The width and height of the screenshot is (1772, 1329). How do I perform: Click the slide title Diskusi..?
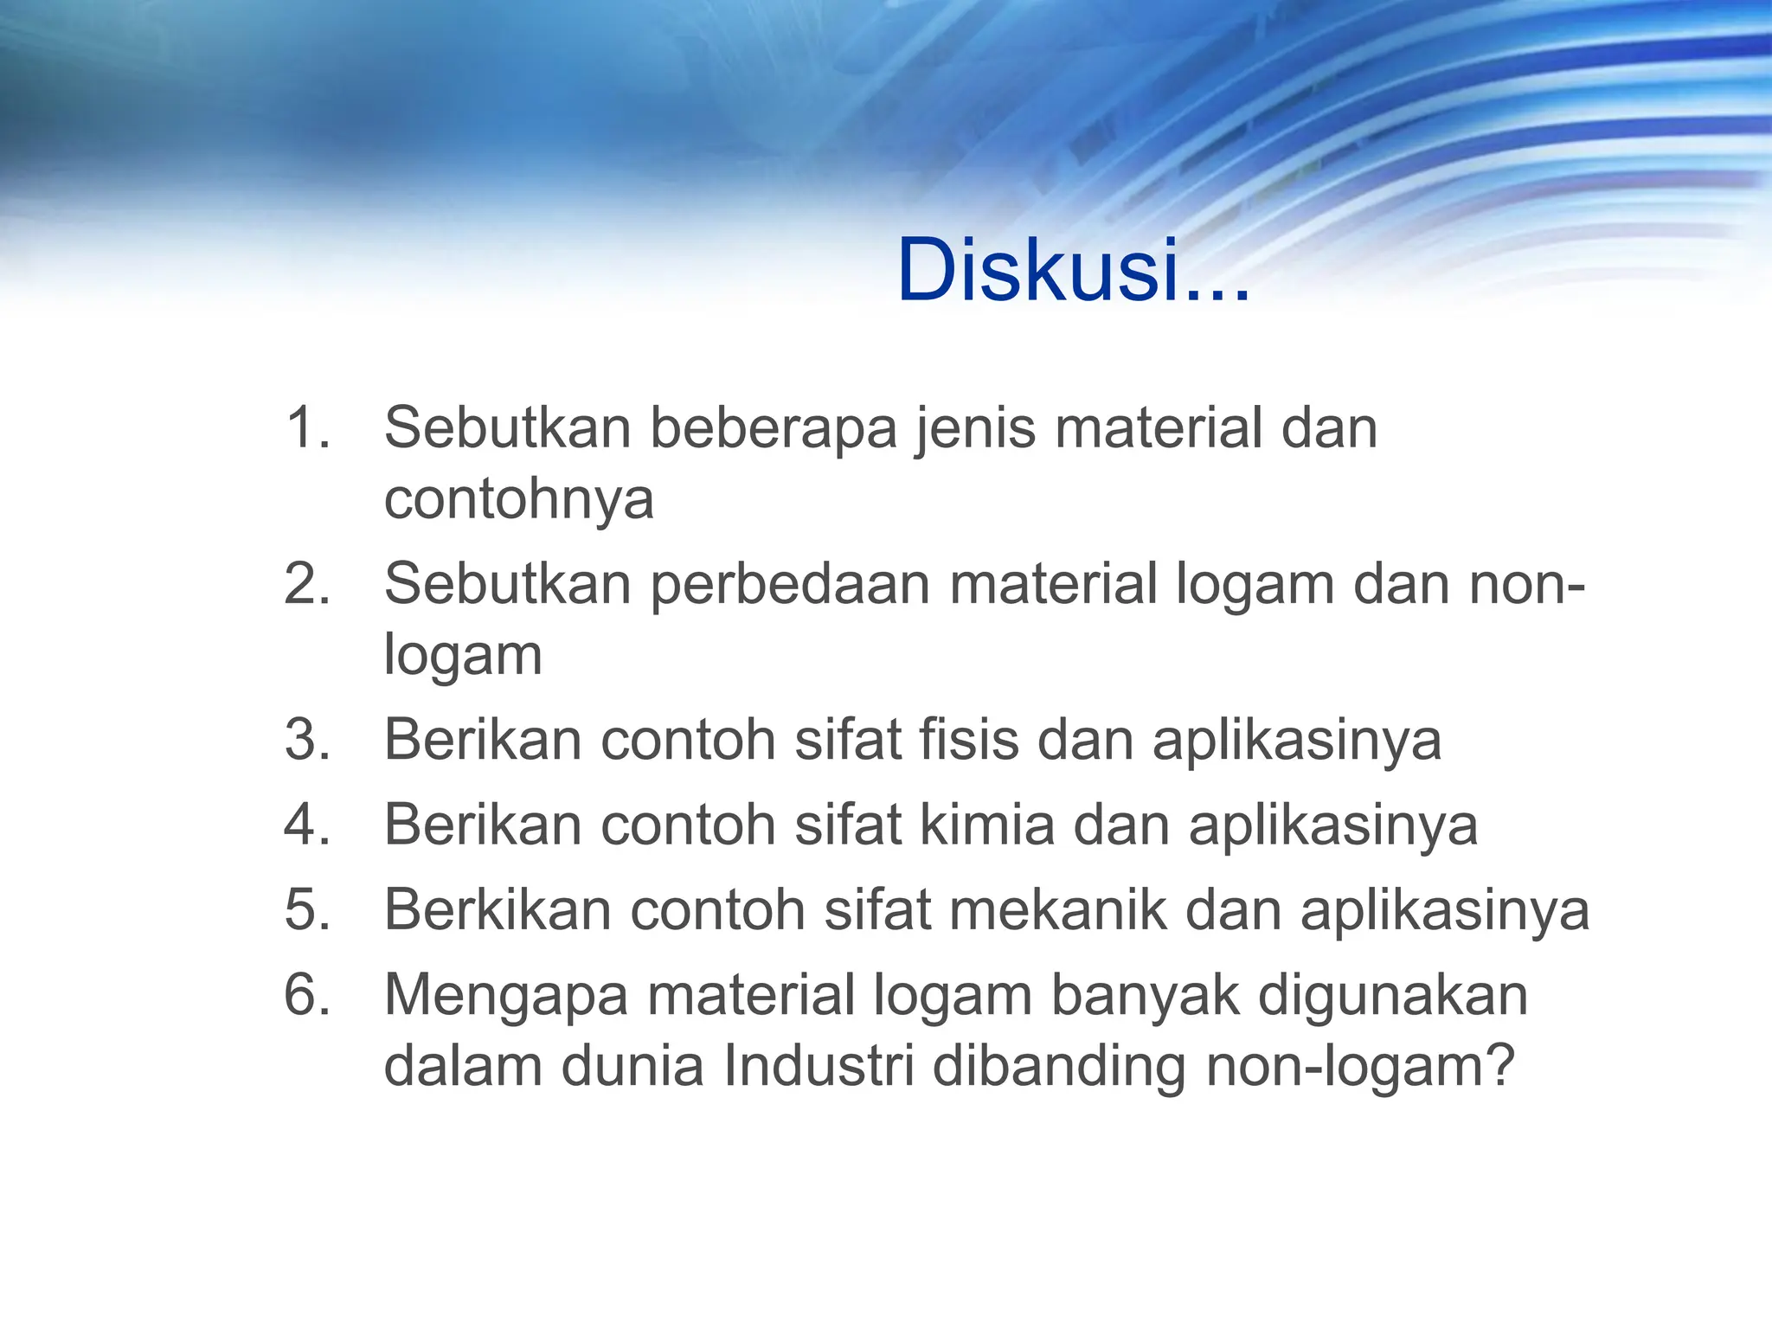[x=1073, y=271]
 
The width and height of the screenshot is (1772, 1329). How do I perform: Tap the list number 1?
[x=306, y=427]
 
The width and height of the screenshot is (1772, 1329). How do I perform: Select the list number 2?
[x=306, y=583]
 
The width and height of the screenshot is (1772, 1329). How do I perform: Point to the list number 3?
[x=306, y=740]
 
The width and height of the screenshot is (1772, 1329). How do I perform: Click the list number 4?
[x=306, y=825]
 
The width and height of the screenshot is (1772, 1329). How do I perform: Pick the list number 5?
[x=306, y=909]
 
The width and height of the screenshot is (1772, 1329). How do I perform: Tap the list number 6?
[x=306, y=994]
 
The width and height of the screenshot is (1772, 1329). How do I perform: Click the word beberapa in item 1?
[x=774, y=427]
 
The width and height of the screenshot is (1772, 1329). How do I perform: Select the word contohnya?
[x=518, y=499]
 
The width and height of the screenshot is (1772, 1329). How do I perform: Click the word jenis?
[x=974, y=429]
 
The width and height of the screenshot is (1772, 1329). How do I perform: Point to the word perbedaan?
[x=790, y=585]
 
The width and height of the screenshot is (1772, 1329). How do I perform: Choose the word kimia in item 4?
[x=986, y=825]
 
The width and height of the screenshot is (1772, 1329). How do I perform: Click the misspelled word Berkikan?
[x=498, y=909]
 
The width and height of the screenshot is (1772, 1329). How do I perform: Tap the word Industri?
[x=819, y=1066]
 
